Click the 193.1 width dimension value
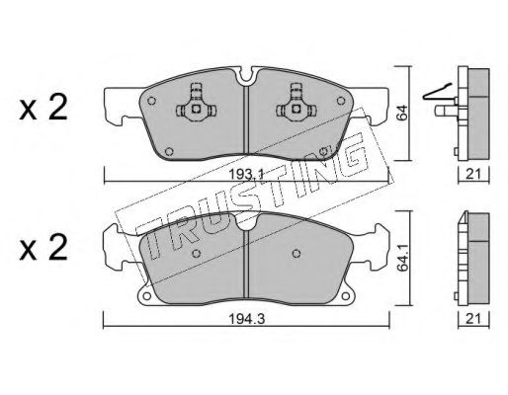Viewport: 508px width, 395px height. coord(246,175)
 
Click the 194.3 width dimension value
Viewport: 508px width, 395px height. coord(247,319)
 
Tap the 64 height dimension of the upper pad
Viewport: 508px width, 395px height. coord(402,114)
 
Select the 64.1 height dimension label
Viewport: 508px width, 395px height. coord(402,258)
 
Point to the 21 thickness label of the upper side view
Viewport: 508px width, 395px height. coord(473,174)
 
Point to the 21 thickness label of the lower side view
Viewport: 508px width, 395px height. coord(473,318)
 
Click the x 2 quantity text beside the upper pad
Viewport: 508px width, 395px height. coord(43,108)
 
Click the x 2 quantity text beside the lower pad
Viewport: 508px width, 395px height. coord(43,248)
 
